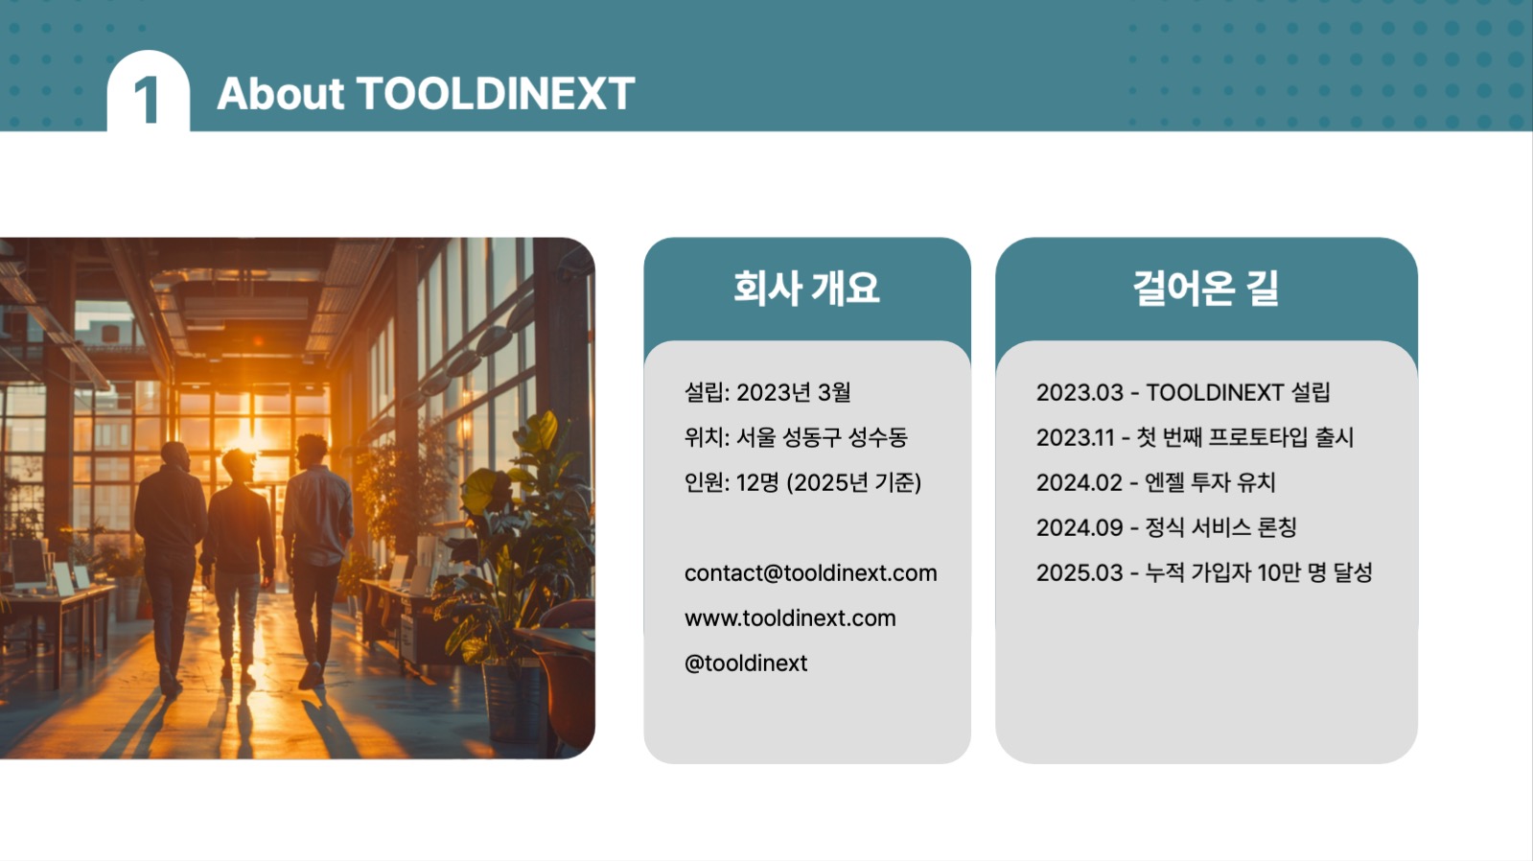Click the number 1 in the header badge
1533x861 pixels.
(147, 100)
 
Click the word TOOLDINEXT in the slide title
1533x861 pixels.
(495, 94)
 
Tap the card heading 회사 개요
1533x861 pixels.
(806, 288)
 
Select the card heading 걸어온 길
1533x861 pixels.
(1205, 288)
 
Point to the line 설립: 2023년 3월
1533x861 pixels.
(767, 392)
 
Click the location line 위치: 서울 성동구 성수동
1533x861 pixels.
(795, 437)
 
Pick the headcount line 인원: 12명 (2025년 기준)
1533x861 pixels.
(802, 482)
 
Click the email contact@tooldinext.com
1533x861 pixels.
(810, 573)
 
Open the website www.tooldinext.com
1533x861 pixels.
(790, 618)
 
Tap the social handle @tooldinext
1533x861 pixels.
(746, 663)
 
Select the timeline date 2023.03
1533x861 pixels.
(1079, 392)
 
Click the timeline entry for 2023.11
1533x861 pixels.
(1195, 437)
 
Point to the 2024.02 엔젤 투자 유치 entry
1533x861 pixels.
(1155, 482)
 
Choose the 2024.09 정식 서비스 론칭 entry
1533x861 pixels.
(1166, 527)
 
